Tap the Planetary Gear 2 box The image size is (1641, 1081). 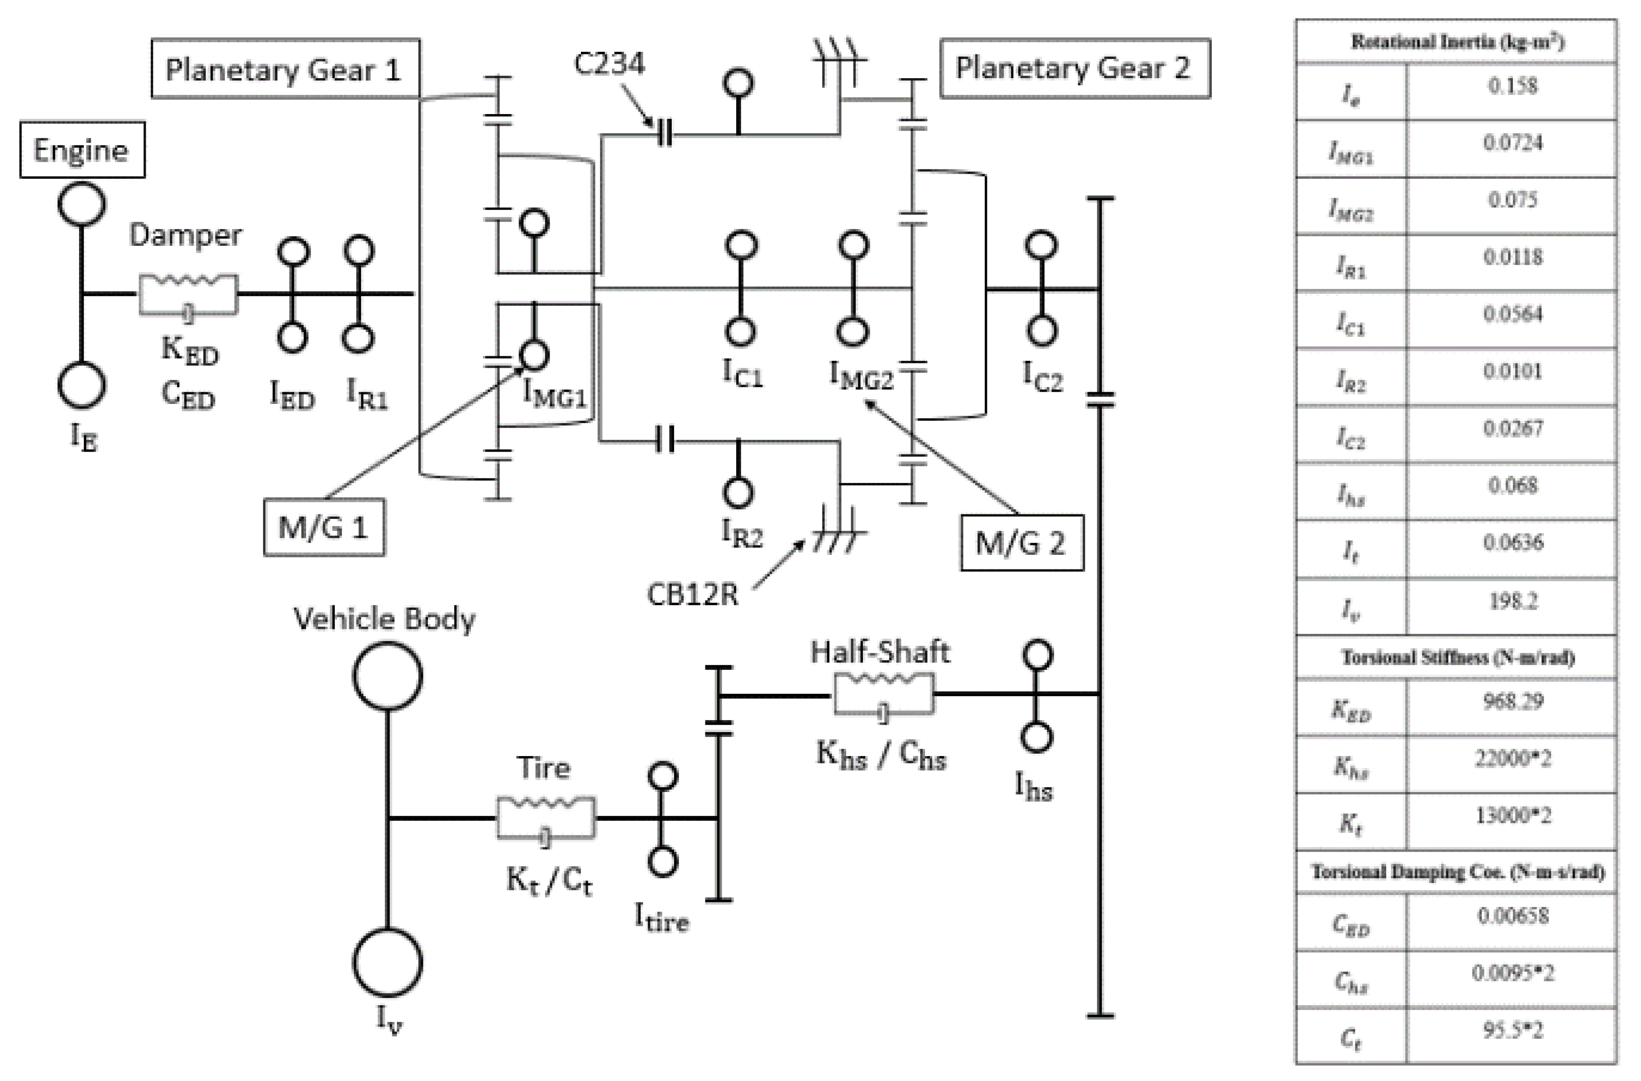tap(1074, 68)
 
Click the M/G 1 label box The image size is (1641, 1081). tap(323, 528)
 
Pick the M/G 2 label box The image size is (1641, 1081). tap(1021, 543)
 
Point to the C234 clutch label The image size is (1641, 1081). tap(609, 64)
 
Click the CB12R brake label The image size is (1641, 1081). tap(692, 594)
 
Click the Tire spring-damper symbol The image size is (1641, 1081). tap(545, 818)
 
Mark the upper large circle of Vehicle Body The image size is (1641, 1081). tap(387, 676)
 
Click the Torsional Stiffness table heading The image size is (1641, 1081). tap(1458, 657)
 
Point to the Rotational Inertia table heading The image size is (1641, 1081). tap(1458, 42)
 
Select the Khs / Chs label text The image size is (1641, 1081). tap(881, 755)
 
